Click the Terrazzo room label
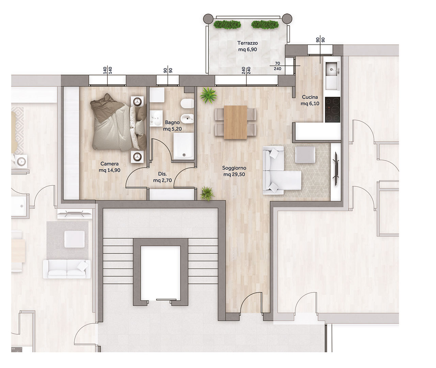(x=248, y=43)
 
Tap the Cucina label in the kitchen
(x=310, y=97)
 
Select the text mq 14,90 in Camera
(x=110, y=170)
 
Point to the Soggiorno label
(x=234, y=168)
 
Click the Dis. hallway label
(x=162, y=174)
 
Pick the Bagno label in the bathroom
(x=172, y=122)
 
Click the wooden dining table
(x=235, y=122)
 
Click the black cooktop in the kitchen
(x=332, y=110)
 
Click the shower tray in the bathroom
(x=184, y=145)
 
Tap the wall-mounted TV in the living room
(x=337, y=169)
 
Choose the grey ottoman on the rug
(x=305, y=155)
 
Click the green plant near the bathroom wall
(x=208, y=95)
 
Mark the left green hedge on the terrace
(x=227, y=25)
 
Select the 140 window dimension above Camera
(x=107, y=71)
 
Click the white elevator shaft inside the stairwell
(x=160, y=273)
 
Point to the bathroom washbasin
(x=156, y=119)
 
